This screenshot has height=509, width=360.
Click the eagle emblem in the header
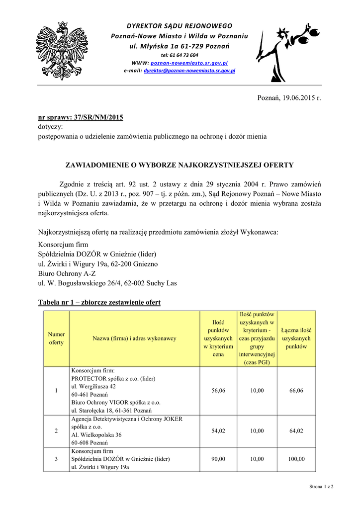[x=62, y=50]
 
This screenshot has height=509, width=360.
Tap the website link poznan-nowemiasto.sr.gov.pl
[x=189, y=63]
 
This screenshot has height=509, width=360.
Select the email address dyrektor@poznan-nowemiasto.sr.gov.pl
[x=189, y=71]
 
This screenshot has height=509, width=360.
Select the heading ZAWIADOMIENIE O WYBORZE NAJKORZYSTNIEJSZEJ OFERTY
[x=180, y=165]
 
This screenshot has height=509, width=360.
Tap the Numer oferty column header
[x=56, y=339]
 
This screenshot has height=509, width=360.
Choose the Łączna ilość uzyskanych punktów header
[x=296, y=338]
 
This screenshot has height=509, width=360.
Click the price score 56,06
[x=218, y=391]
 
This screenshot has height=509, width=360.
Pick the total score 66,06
[x=296, y=391]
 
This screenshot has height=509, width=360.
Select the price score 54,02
[x=218, y=431]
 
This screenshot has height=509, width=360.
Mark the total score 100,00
[x=296, y=459]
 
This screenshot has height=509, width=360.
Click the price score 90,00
[x=218, y=459]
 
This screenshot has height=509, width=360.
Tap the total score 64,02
[x=296, y=431]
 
